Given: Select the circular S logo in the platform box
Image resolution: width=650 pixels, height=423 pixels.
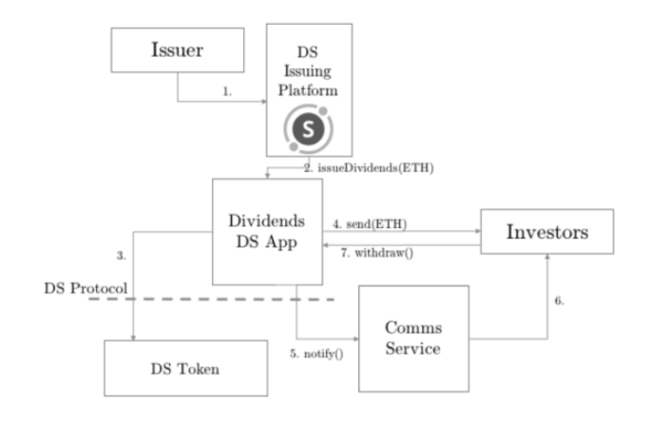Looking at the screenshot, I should [311, 128].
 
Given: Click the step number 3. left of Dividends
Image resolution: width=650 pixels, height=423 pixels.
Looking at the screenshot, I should [121, 254].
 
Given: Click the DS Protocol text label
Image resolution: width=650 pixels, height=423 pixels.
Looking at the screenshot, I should [86, 287].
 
